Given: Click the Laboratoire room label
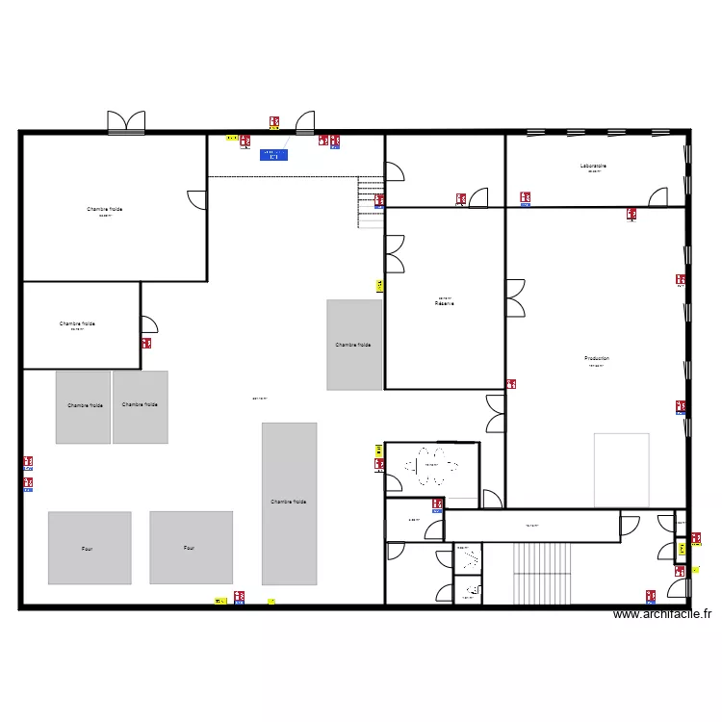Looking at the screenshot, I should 593,167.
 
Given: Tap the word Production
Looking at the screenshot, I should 597,358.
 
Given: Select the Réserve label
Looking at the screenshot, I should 444,303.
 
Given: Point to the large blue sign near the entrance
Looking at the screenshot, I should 273,154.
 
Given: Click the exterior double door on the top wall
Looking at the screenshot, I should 126,122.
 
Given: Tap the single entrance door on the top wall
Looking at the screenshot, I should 305,122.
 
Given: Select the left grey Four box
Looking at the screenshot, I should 90,547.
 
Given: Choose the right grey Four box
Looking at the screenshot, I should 191,547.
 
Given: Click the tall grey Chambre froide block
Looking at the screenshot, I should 289,503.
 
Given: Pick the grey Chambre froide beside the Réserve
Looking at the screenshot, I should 354,345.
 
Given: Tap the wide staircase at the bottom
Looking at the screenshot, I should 546,573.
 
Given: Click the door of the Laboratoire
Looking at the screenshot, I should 658,196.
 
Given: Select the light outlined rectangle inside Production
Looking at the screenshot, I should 621,470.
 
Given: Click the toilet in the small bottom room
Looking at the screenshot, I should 472,590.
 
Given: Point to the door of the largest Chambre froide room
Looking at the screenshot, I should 197,198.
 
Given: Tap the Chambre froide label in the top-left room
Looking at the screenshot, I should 104,209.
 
